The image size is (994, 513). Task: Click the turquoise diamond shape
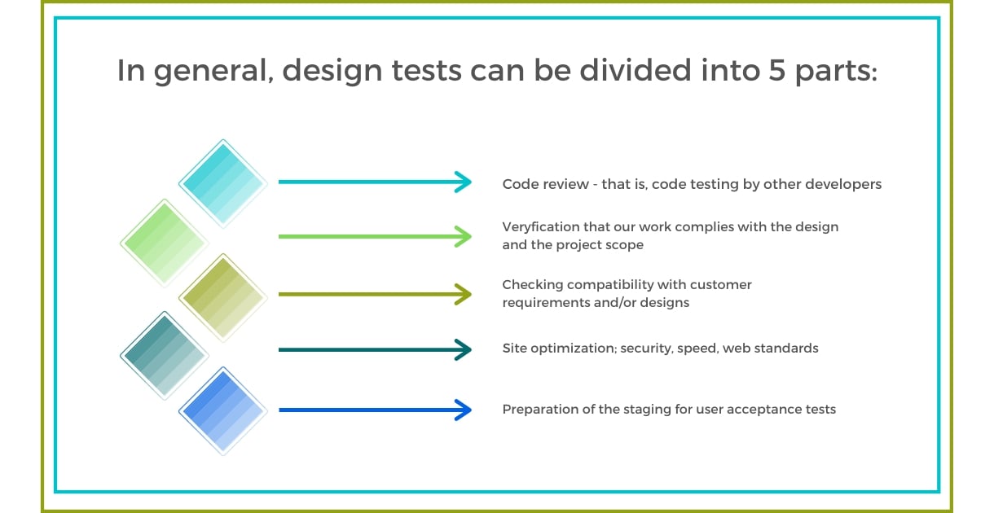point(222,183)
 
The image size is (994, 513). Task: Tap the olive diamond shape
point(222,297)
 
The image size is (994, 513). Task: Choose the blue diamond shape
point(222,410)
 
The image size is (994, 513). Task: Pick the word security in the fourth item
point(649,349)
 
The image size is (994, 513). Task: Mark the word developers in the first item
point(843,184)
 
